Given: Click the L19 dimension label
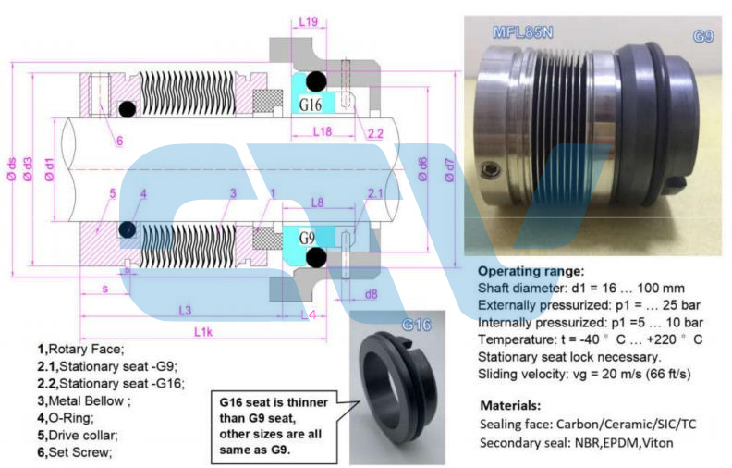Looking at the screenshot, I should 309,21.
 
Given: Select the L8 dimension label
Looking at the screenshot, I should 318,202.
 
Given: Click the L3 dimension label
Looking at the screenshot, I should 184,309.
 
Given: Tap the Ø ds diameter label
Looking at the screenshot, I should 10,170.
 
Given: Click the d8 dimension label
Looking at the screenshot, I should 372,294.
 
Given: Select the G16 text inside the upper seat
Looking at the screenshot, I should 311,105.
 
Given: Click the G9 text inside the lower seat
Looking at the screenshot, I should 309,237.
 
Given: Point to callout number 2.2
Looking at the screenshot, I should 375,134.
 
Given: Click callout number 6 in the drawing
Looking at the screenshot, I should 120,141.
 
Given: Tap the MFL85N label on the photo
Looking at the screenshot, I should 522,34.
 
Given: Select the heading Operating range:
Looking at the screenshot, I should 531,272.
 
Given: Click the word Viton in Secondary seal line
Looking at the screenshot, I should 655,443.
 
